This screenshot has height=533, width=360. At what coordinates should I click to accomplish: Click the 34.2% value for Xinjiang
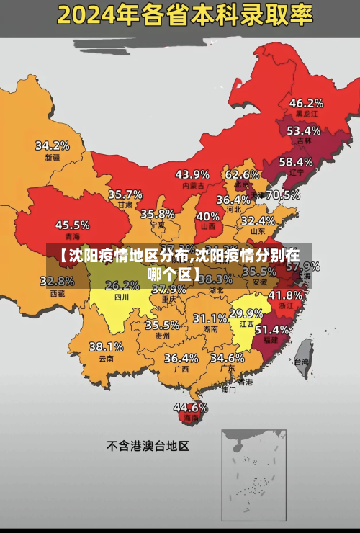(53, 145)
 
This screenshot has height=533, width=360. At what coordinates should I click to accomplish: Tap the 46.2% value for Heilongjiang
(306, 103)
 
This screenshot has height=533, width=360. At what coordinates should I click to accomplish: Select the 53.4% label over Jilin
(303, 131)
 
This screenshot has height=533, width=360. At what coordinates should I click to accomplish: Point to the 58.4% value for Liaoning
(296, 162)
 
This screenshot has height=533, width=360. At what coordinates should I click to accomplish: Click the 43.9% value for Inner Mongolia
(192, 174)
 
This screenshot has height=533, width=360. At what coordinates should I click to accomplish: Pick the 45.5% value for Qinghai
(73, 225)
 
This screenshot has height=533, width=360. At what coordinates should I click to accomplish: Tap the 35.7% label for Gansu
(125, 194)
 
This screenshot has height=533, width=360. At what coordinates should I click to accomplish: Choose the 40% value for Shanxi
(208, 216)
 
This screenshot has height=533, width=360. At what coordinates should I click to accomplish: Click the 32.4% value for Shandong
(258, 220)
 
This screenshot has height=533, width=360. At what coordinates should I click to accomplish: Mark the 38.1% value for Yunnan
(106, 346)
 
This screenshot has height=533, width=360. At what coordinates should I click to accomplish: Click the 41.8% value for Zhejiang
(285, 295)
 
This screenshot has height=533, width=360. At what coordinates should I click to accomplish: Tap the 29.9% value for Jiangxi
(246, 313)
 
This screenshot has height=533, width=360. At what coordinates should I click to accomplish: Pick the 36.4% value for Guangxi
(181, 358)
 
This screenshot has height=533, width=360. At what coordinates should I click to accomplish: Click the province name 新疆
(53, 157)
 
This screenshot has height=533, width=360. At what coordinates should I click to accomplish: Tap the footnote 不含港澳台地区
(148, 446)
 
